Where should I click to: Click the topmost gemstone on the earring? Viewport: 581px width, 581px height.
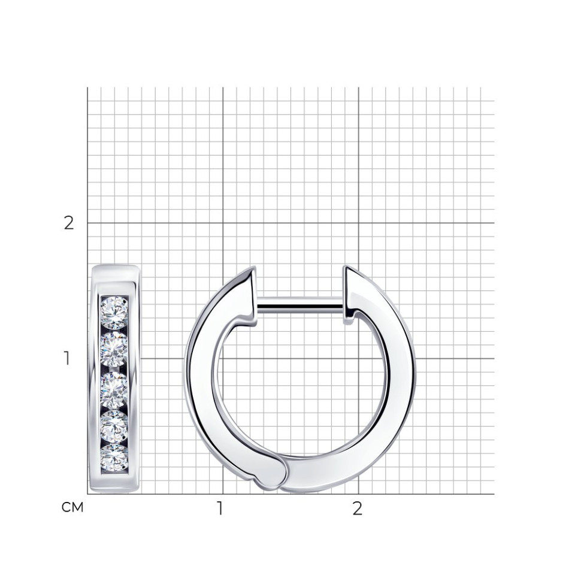pos(114,312)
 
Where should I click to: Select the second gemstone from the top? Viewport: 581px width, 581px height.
pos(114,350)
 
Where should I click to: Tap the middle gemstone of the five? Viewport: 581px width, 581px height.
pos(114,390)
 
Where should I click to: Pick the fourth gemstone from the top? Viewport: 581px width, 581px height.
pos(114,427)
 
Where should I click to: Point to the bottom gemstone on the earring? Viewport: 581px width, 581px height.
pos(114,459)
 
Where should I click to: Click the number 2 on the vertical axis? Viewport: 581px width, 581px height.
pos(69,223)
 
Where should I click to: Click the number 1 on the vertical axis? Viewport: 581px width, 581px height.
pos(66,358)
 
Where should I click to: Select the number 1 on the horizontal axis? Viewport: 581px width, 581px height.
pos(220,509)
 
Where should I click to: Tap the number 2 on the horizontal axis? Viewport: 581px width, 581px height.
pos(357,509)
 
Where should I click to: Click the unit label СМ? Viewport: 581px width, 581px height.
pos(72,507)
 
